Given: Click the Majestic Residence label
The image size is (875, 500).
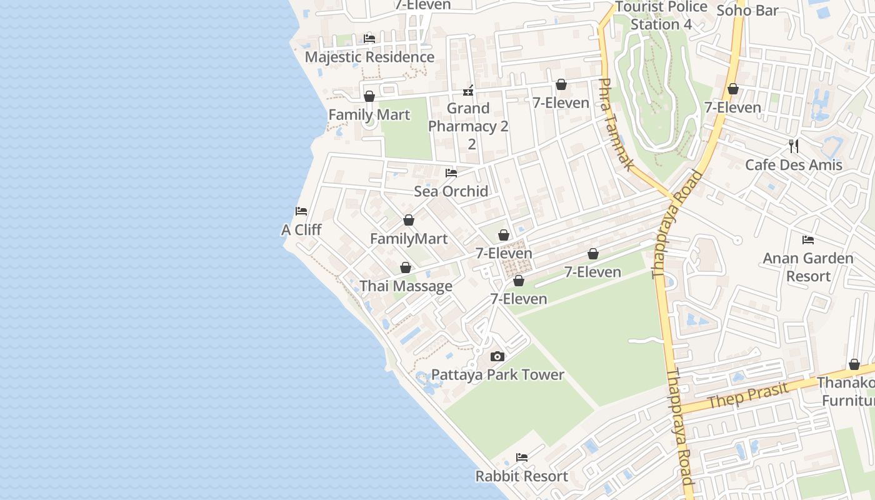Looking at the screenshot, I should [x=369, y=57].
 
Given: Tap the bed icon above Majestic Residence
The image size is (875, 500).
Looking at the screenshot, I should [x=369, y=39].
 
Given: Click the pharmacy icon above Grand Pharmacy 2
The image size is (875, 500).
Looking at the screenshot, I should [x=468, y=91].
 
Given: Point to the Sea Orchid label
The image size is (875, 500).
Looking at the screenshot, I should [x=451, y=191].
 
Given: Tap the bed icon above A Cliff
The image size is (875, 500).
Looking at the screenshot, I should [x=301, y=211].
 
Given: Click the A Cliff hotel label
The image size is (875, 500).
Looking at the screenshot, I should [x=301, y=230].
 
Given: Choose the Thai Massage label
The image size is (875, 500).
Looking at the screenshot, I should [x=406, y=286].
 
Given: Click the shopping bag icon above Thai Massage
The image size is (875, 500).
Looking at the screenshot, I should [x=406, y=267].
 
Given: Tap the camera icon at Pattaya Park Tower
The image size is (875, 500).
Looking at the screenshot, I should [x=497, y=356].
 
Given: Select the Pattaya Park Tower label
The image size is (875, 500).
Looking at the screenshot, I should [x=497, y=375].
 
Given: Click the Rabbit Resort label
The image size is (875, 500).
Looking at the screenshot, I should [x=522, y=476].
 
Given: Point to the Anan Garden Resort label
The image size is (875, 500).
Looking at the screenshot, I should [x=808, y=267].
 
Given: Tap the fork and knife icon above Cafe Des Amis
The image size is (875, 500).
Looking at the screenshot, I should [x=794, y=146].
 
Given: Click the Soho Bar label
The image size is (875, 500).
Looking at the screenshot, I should [x=747, y=11].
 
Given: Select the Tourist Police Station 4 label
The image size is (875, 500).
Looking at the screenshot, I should [x=661, y=16].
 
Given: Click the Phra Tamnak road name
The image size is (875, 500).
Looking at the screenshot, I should [x=616, y=124].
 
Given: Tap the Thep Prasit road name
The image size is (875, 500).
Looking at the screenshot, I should [x=748, y=396].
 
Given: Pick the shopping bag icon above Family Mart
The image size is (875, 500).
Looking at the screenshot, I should [x=369, y=96].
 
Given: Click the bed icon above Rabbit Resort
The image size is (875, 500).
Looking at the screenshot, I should [x=522, y=457].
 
